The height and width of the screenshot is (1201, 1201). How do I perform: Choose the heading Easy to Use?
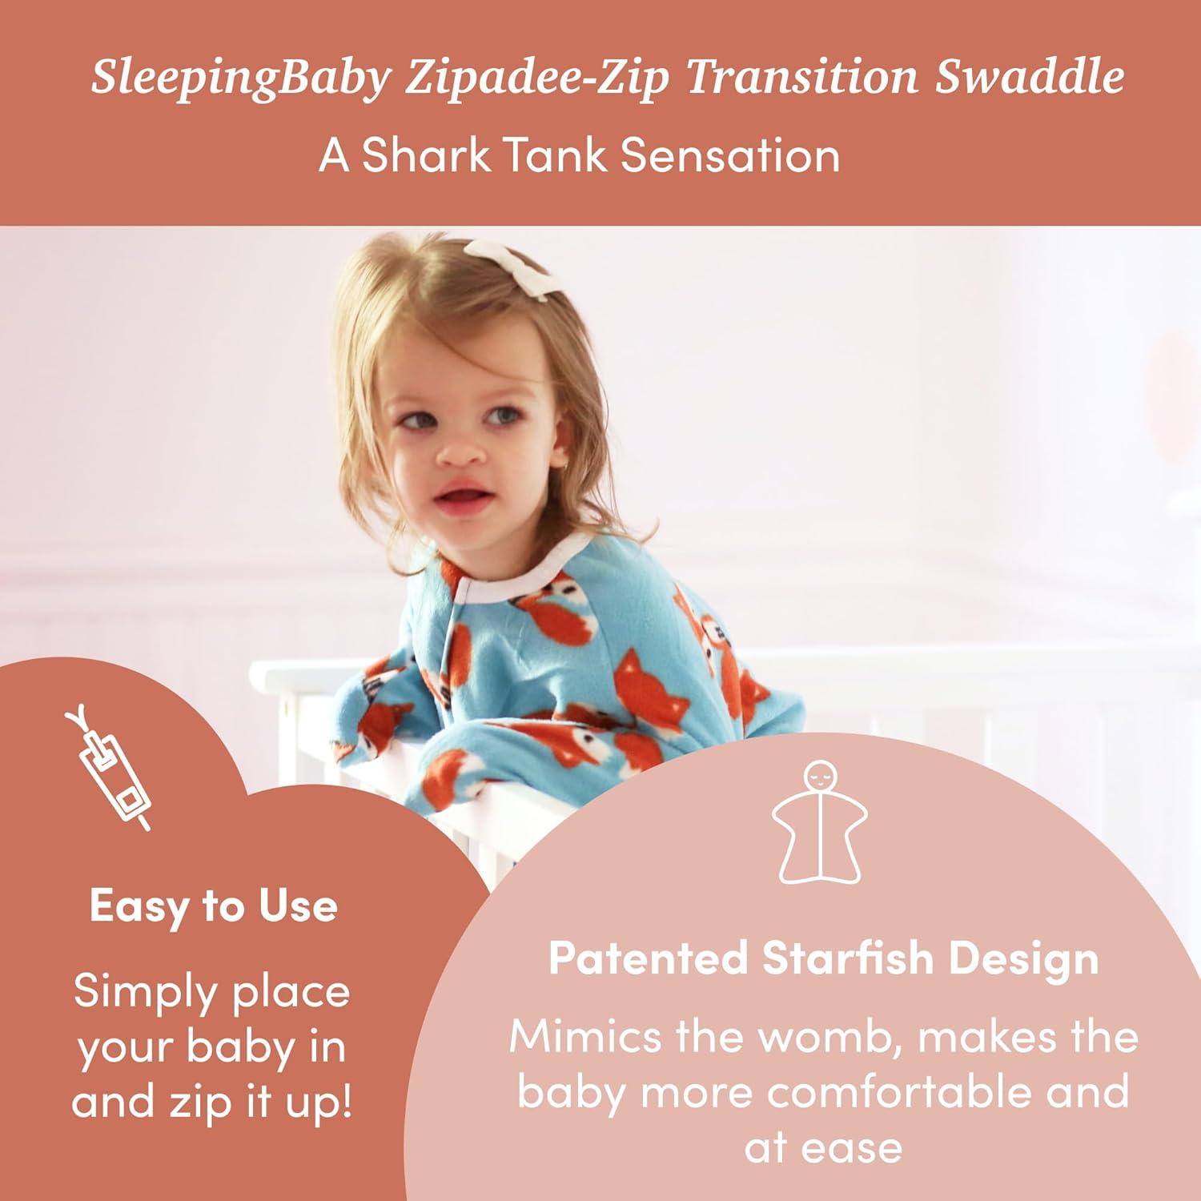tap(213, 906)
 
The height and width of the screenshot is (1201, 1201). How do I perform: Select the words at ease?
tap(823, 1147)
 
